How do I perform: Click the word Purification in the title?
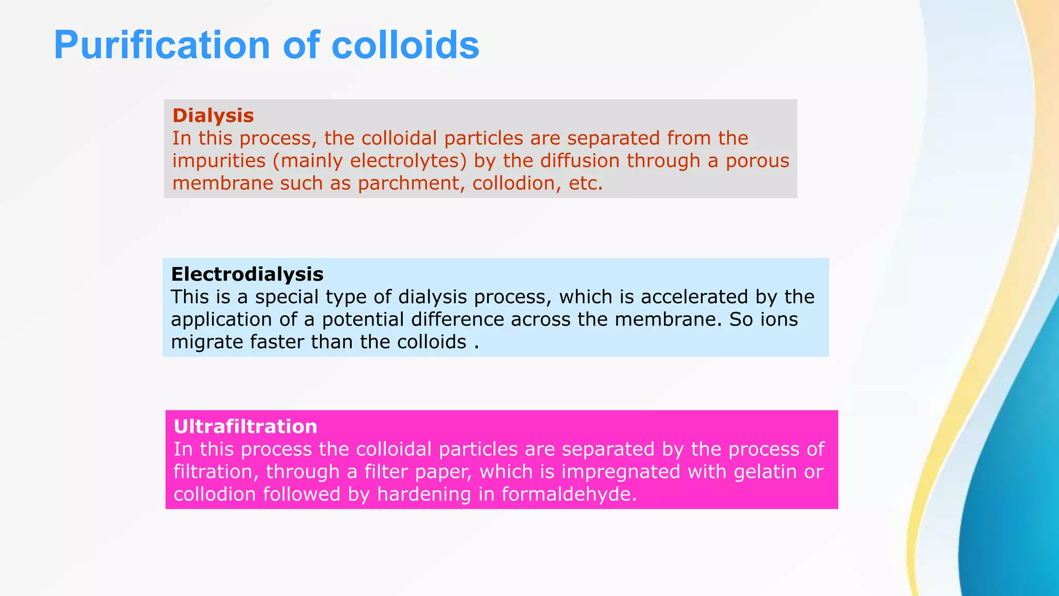(x=162, y=46)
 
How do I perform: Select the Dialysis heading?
(x=213, y=115)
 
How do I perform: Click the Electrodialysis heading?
(x=247, y=274)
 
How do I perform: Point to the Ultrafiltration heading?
(x=246, y=427)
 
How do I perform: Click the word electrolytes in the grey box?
(x=404, y=161)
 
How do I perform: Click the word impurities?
(x=219, y=161)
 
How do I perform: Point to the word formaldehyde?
(x=569, y=495)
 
